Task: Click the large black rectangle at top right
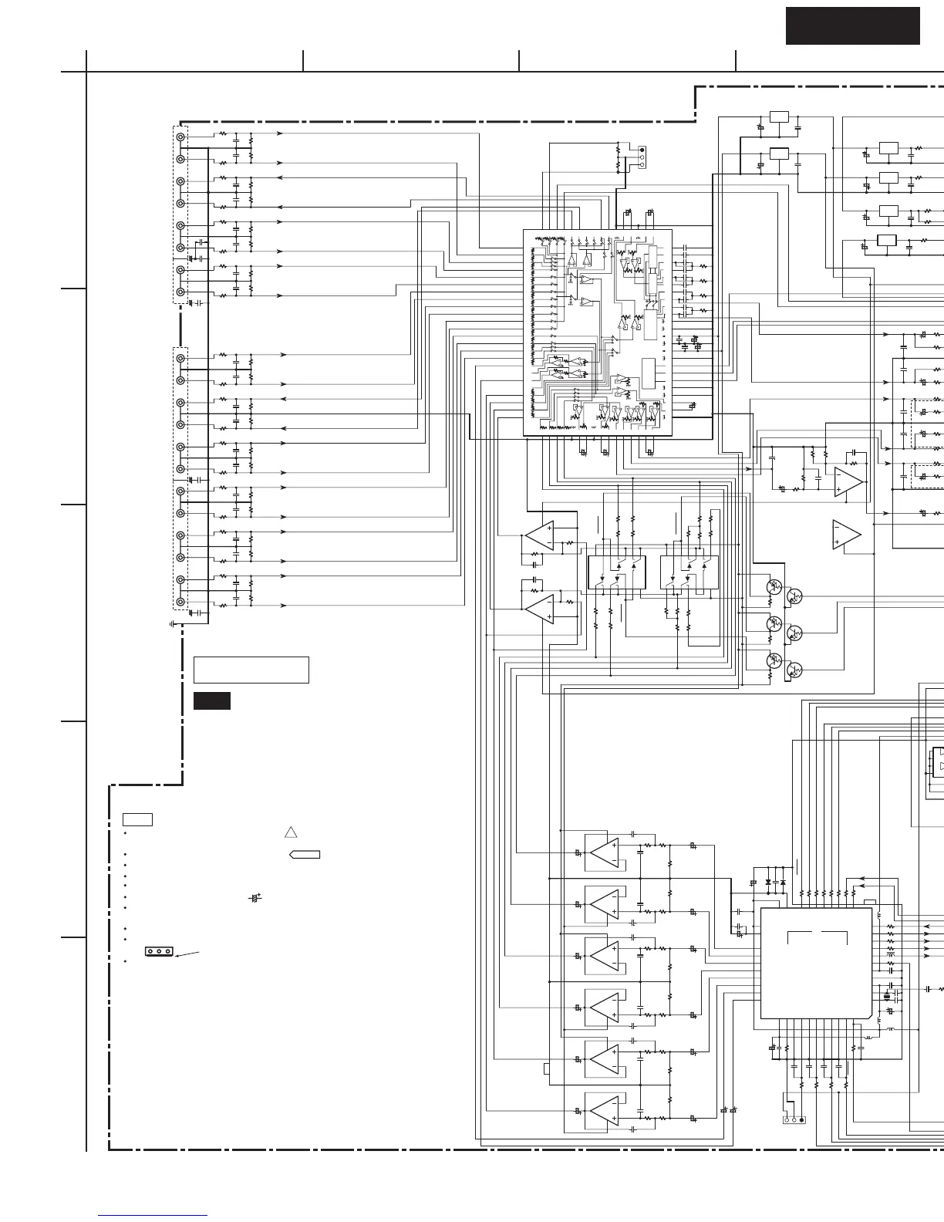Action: [x=853, y=26]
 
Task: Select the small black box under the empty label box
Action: [x=211, y=701]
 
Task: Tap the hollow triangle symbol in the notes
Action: [x=291, y=832]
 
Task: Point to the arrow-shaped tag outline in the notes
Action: [x=305, y=855]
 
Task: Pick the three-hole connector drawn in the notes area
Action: [x=159, y=951]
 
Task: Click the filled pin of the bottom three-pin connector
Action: [x=802, y=1119]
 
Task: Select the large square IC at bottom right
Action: [x=817, y=963]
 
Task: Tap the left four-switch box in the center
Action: [x=617, y=572]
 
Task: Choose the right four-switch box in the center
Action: [x=689, y=572]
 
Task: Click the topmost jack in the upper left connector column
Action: [x=180, y=137]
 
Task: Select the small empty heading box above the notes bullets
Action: [x=137, y=819]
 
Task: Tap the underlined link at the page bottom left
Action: [x=153, y=1217]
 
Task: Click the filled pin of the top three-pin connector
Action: [x=642, y=150]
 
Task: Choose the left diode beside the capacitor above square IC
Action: [x=768, y=882]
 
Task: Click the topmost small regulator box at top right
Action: [x=780, y=116]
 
